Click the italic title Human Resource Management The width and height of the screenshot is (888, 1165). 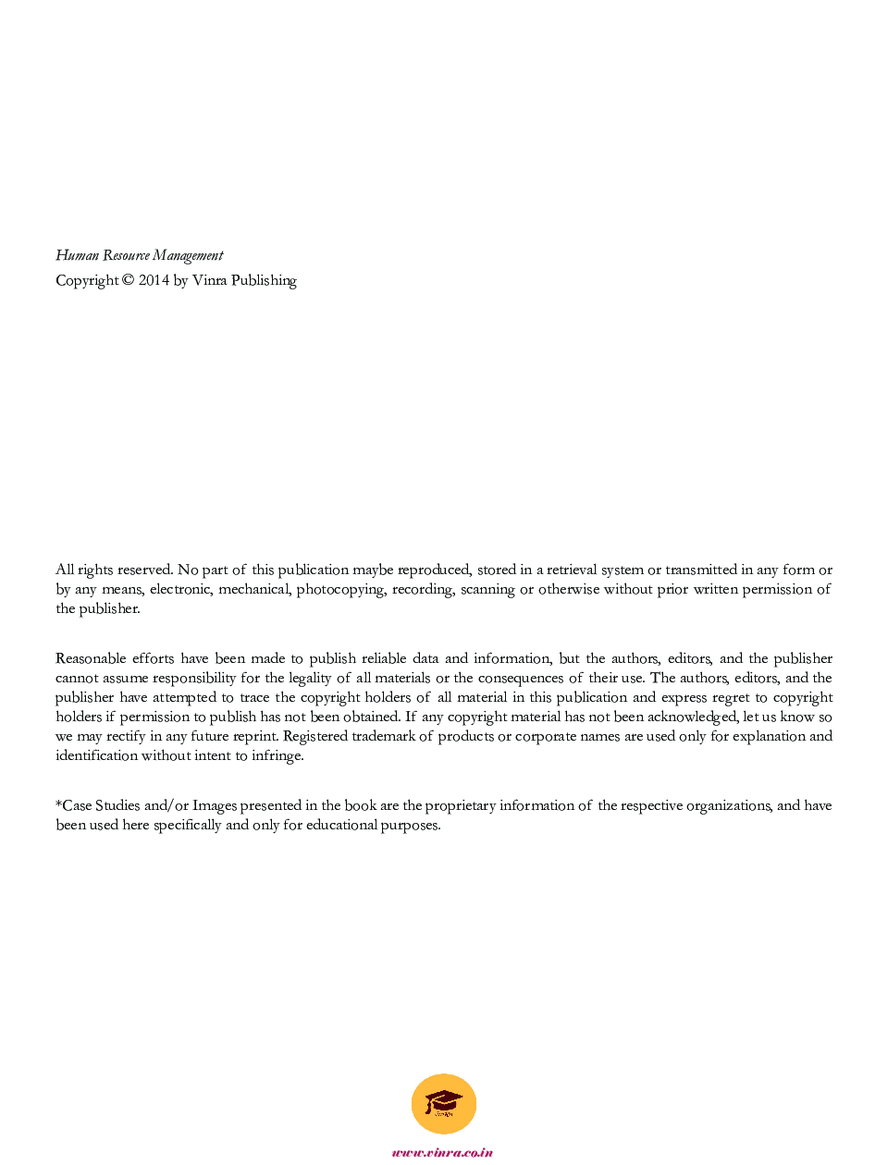[x=139, y=255]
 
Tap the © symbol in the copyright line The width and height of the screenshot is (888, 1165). [x=128, y=280]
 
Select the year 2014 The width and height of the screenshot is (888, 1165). [x=154, y=280]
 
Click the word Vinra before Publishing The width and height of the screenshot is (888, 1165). [x=209, y=280]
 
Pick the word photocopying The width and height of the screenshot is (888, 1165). [x=340, y=589]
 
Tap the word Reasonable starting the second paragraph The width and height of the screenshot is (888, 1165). [x=90, y=658]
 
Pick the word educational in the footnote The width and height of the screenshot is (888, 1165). [x=341, y=825]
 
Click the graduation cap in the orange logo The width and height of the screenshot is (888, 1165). [x=443, y=1101]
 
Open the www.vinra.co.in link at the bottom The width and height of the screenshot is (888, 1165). [x=442, y=1152]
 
